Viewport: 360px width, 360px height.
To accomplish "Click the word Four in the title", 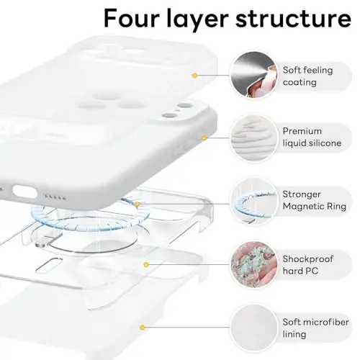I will click(137, 18).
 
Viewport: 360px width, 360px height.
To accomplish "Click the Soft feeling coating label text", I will click(312, 74).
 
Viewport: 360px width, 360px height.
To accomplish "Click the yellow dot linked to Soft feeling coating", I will click(194, 74).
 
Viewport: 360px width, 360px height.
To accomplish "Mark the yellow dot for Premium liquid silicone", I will click(204, 137).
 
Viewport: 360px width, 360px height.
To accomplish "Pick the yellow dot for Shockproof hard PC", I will click(147, 264).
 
